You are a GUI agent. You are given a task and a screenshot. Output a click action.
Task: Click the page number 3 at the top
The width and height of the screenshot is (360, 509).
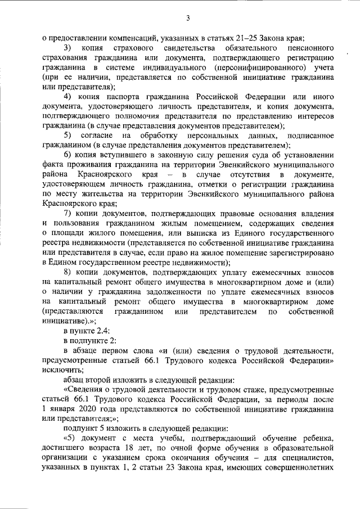tap(188, 18)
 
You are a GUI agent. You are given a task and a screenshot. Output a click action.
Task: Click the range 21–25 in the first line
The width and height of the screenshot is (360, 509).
tap(242, 38)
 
